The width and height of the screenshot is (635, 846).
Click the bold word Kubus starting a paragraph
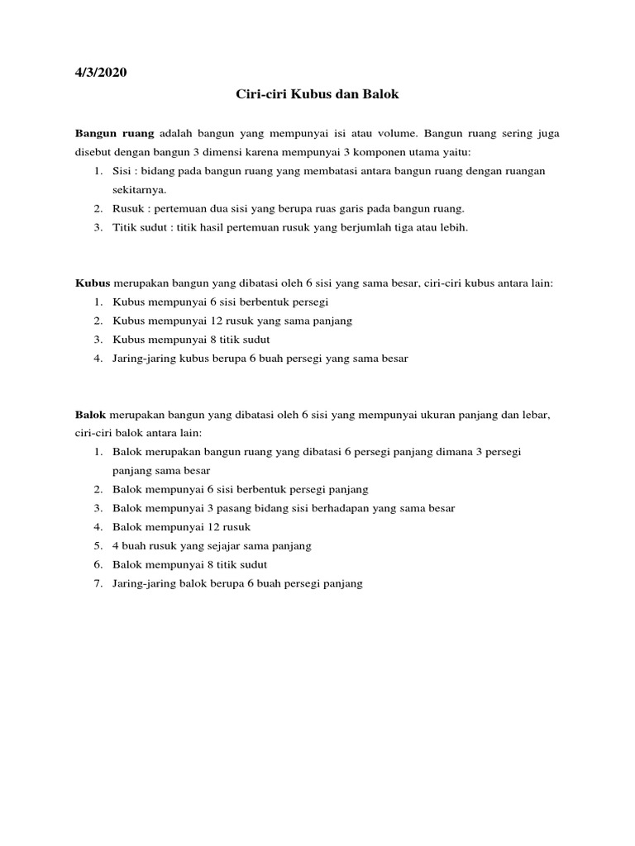coord(93,283)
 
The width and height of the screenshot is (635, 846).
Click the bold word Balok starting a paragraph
coord(92,415)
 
